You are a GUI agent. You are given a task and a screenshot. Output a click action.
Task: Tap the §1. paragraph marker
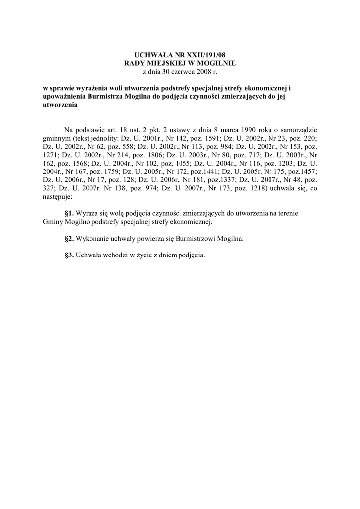69,213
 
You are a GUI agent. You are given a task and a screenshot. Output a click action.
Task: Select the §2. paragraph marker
69,238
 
